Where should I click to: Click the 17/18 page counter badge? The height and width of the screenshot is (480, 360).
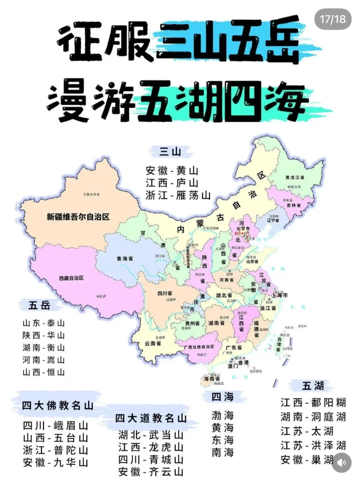pyautogui.click(x=333, y=19)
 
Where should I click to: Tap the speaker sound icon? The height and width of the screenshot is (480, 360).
pyautogui.click(x=341, y=463)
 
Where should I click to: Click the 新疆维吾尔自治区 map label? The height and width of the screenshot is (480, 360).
pyautogui.click(x=78, y=217)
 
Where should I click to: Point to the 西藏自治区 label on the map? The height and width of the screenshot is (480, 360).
pyautogui.click(x=71, y=278)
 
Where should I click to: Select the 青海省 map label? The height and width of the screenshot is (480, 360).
pyautogui.click(x=125, y=258)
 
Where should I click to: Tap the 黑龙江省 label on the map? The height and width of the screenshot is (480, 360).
pyautogui.click(x=295, y=177)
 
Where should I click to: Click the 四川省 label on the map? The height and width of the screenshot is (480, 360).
pyautogui.click(x=165, y=293)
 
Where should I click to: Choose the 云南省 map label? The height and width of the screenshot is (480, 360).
pyautogui.click(x=153, y=343)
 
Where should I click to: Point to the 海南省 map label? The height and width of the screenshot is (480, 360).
pyautogui.click(x=212, y=379)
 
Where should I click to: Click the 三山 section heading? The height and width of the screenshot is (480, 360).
pyautogui.click(x=170, y=152)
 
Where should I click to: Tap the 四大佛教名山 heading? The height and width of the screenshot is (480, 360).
pyautogui.click(x=57, y=406)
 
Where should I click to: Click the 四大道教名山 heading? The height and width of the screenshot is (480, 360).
pyautogui.click(x=151, y=418)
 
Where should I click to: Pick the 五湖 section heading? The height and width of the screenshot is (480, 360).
pyautogui.click(x=313, y=386)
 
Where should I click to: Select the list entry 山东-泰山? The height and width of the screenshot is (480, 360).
pyautogui.click(x=44, y=323)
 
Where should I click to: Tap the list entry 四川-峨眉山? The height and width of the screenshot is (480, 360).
pyautogui.click(x=55, y=426)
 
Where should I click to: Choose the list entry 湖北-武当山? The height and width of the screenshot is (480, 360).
pyautogui.click(x=151, y=435)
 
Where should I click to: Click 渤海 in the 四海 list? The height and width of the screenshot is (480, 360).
pyautogui.click(x=223, y=415)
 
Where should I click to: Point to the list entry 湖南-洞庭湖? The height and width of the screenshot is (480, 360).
pyautogui.click(x=313, y=417)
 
